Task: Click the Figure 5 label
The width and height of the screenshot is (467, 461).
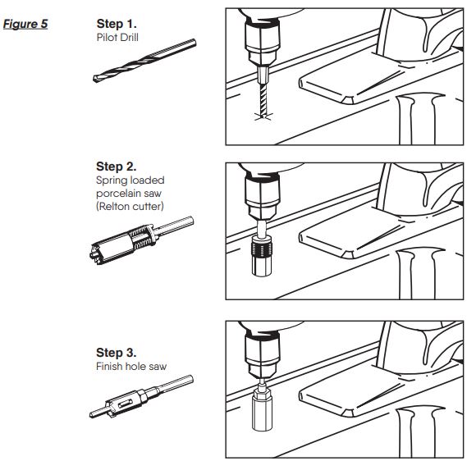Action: tap(25, 24)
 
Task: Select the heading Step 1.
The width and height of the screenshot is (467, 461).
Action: tap(117, 24)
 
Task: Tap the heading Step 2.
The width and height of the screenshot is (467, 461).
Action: tap(117, 167)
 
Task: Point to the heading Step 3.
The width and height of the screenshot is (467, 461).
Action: tap(117, 353)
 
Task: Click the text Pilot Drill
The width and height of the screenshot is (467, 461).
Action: tap(117, 38)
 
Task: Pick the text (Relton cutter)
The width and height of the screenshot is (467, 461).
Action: tap(130, 206)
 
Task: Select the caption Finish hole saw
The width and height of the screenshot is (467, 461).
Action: tap(131, 367)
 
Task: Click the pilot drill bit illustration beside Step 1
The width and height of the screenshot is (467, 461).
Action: tap(144, 61)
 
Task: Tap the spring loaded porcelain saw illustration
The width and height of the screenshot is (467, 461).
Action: tap(141, 240)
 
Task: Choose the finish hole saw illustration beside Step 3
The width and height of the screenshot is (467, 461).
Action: tap(141, 397)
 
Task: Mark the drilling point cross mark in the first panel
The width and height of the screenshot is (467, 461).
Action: tap(263, 116)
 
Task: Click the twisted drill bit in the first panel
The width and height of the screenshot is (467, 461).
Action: tap(263, 100)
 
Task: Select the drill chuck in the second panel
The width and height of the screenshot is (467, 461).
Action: tap(263, 195)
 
